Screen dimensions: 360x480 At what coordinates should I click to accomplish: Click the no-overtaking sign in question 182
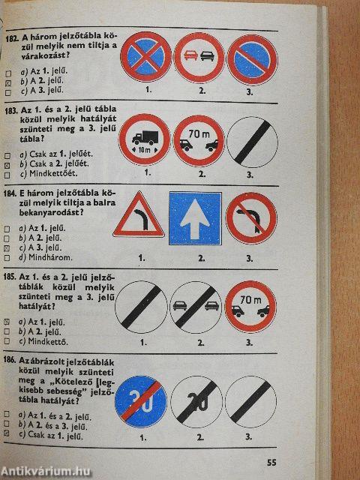point(199,58)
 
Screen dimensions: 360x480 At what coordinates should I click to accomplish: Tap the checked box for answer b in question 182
point(8,83)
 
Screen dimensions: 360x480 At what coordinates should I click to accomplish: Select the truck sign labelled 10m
point(145,139)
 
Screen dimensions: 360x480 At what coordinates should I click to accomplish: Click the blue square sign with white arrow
point(195,218)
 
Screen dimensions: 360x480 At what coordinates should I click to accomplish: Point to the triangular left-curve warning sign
point(139,215)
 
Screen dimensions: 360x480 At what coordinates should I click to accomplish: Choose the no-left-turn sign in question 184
point(251,218)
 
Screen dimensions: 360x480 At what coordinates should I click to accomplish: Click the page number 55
point(271,462)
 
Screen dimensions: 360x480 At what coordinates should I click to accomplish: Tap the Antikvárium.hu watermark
point(46,472)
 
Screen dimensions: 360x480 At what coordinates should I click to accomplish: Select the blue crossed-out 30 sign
point(141,402)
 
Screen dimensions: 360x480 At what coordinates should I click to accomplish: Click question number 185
point(9,277)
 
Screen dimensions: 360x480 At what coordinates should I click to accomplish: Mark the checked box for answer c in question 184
point(7,248)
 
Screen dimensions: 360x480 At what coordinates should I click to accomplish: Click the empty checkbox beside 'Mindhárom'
point(7,258)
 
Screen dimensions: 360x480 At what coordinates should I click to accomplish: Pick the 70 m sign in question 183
point(199,141)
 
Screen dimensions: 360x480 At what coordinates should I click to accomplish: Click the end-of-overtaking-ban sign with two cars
point(196,307)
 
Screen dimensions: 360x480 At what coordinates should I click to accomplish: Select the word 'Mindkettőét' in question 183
point(53,173)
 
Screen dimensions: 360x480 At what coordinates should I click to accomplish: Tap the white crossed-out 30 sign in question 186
point(196,402)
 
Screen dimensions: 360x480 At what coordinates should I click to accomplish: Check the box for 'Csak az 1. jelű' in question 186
point(7,433)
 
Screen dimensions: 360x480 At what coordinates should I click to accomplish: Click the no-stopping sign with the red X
point(146,57)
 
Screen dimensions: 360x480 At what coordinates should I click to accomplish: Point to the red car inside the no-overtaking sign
point(190,55)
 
